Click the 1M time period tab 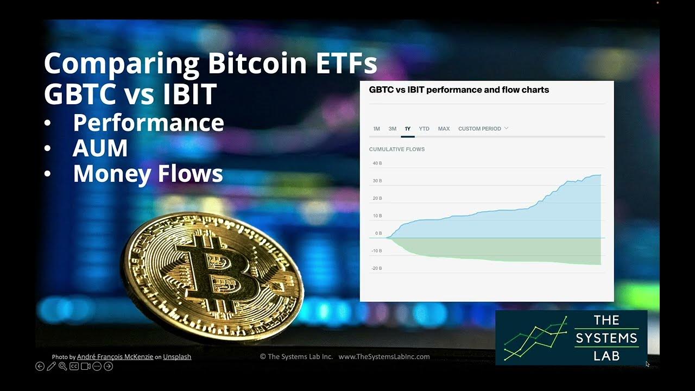(376, 129)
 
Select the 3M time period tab (392, 129)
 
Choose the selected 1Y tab (408, 129)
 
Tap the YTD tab (424, 129)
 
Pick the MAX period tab (444, 129)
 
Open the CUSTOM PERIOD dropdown (483, 129)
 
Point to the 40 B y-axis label (377, 163)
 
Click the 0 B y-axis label (378, 234)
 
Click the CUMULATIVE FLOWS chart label (396, 149)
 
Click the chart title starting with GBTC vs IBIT (459, 90)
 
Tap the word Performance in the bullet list (148, 123)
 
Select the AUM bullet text (100, 148)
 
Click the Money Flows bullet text (148, 174)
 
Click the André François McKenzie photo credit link (115, 357)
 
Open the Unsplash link (177, 357)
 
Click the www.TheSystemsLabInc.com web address (384, 357)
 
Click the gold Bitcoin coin (212, 272)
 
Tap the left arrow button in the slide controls (40, 367)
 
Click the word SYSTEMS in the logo (606, 338)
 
